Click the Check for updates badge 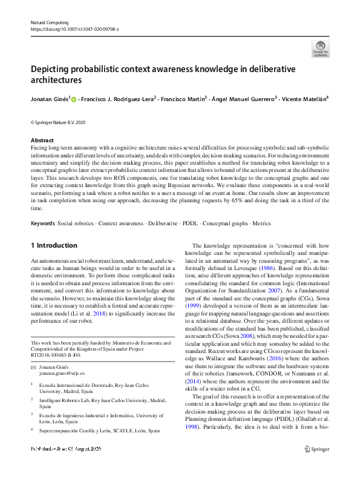click(320, 48)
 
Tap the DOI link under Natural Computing click(74, 29)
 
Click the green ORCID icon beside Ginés click(74, 99)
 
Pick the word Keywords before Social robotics click(42, 223)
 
